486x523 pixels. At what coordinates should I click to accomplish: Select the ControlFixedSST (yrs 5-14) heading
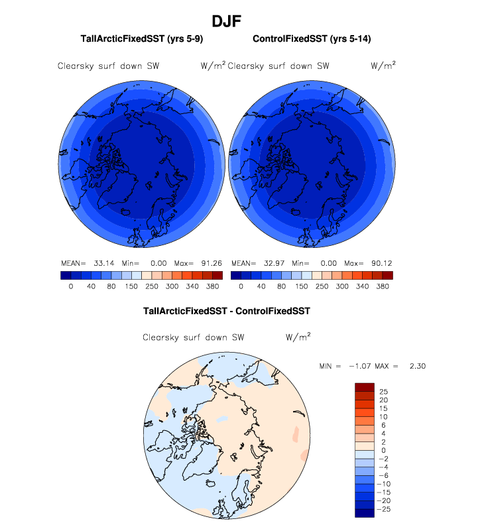click(x=312, y=40)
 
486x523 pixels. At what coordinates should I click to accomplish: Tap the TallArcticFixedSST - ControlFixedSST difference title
click(x=227, y=310)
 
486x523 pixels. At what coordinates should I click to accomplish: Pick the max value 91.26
click(x=210, y=262)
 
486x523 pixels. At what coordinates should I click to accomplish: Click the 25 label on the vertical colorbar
click(x=383, y=392)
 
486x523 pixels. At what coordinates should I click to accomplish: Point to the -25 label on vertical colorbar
click(x=382, y=510)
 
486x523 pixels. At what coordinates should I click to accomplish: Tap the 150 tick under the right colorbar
click(x=302, y=287)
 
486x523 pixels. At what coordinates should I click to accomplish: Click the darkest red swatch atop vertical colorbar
click(x=365, y=387)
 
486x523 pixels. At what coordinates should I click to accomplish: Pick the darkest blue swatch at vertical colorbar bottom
click(x=365, y=512)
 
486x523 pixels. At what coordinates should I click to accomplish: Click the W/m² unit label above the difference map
click(x=298, y=337)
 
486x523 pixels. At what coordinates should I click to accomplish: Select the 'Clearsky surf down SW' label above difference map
click(x=194, y=338)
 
